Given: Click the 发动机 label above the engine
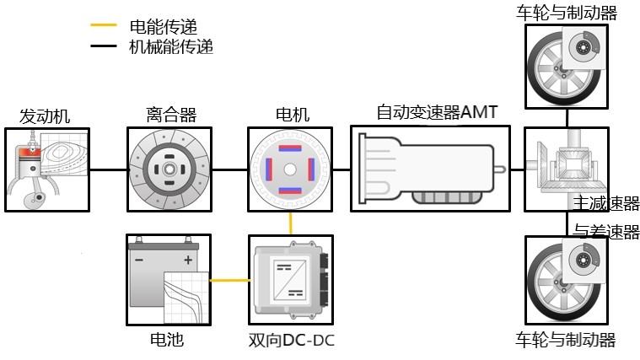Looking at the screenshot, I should pos(45,116).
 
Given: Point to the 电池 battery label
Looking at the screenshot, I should pos(164,340).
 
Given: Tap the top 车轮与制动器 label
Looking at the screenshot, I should pos(566,13).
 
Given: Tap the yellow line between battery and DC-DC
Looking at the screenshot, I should pos(230,280).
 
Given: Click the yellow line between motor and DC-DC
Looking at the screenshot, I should pos(291,223).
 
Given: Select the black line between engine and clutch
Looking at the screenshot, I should pos(108,169).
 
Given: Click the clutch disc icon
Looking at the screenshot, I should pos(169,169).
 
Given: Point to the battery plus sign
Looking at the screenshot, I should pos(188,259).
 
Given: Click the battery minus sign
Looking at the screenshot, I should pos(140,259).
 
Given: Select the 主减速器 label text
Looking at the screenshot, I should pos(606,204).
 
